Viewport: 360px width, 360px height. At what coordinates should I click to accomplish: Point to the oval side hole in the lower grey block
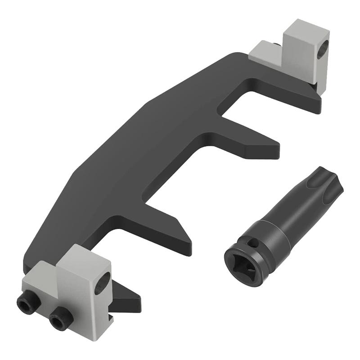click(x=103, y=283)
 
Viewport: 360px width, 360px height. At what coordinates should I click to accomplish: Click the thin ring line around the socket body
click(x=275, y=229)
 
